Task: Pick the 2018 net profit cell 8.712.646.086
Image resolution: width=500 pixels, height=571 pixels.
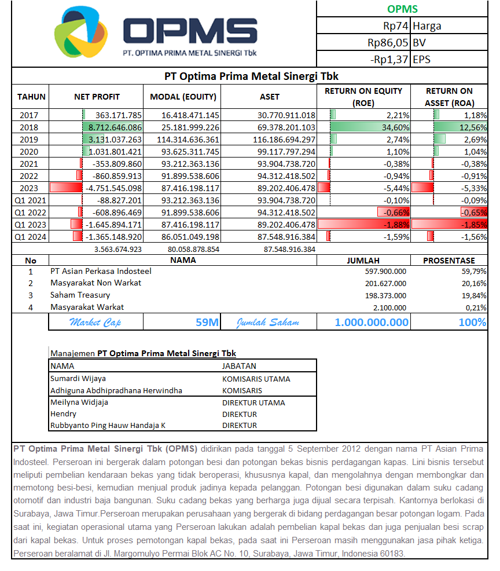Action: click(115, 127)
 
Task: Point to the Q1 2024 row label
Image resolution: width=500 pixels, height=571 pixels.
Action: click(30, 236)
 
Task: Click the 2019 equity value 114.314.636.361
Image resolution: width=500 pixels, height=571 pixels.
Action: click(182, 140)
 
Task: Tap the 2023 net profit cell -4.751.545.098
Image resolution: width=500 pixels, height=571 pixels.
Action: click(113, 188)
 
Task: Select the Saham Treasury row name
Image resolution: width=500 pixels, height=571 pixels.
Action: click(80, 295)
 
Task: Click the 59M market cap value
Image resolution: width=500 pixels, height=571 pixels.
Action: click(207, 322)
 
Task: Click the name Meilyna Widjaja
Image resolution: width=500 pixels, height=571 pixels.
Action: click(79, 402)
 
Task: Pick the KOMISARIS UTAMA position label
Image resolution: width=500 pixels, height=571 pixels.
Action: click(256, 379)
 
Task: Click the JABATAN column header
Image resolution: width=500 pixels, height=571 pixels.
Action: click(239, 366)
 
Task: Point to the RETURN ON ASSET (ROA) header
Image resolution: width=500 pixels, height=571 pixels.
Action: click(449, 97)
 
